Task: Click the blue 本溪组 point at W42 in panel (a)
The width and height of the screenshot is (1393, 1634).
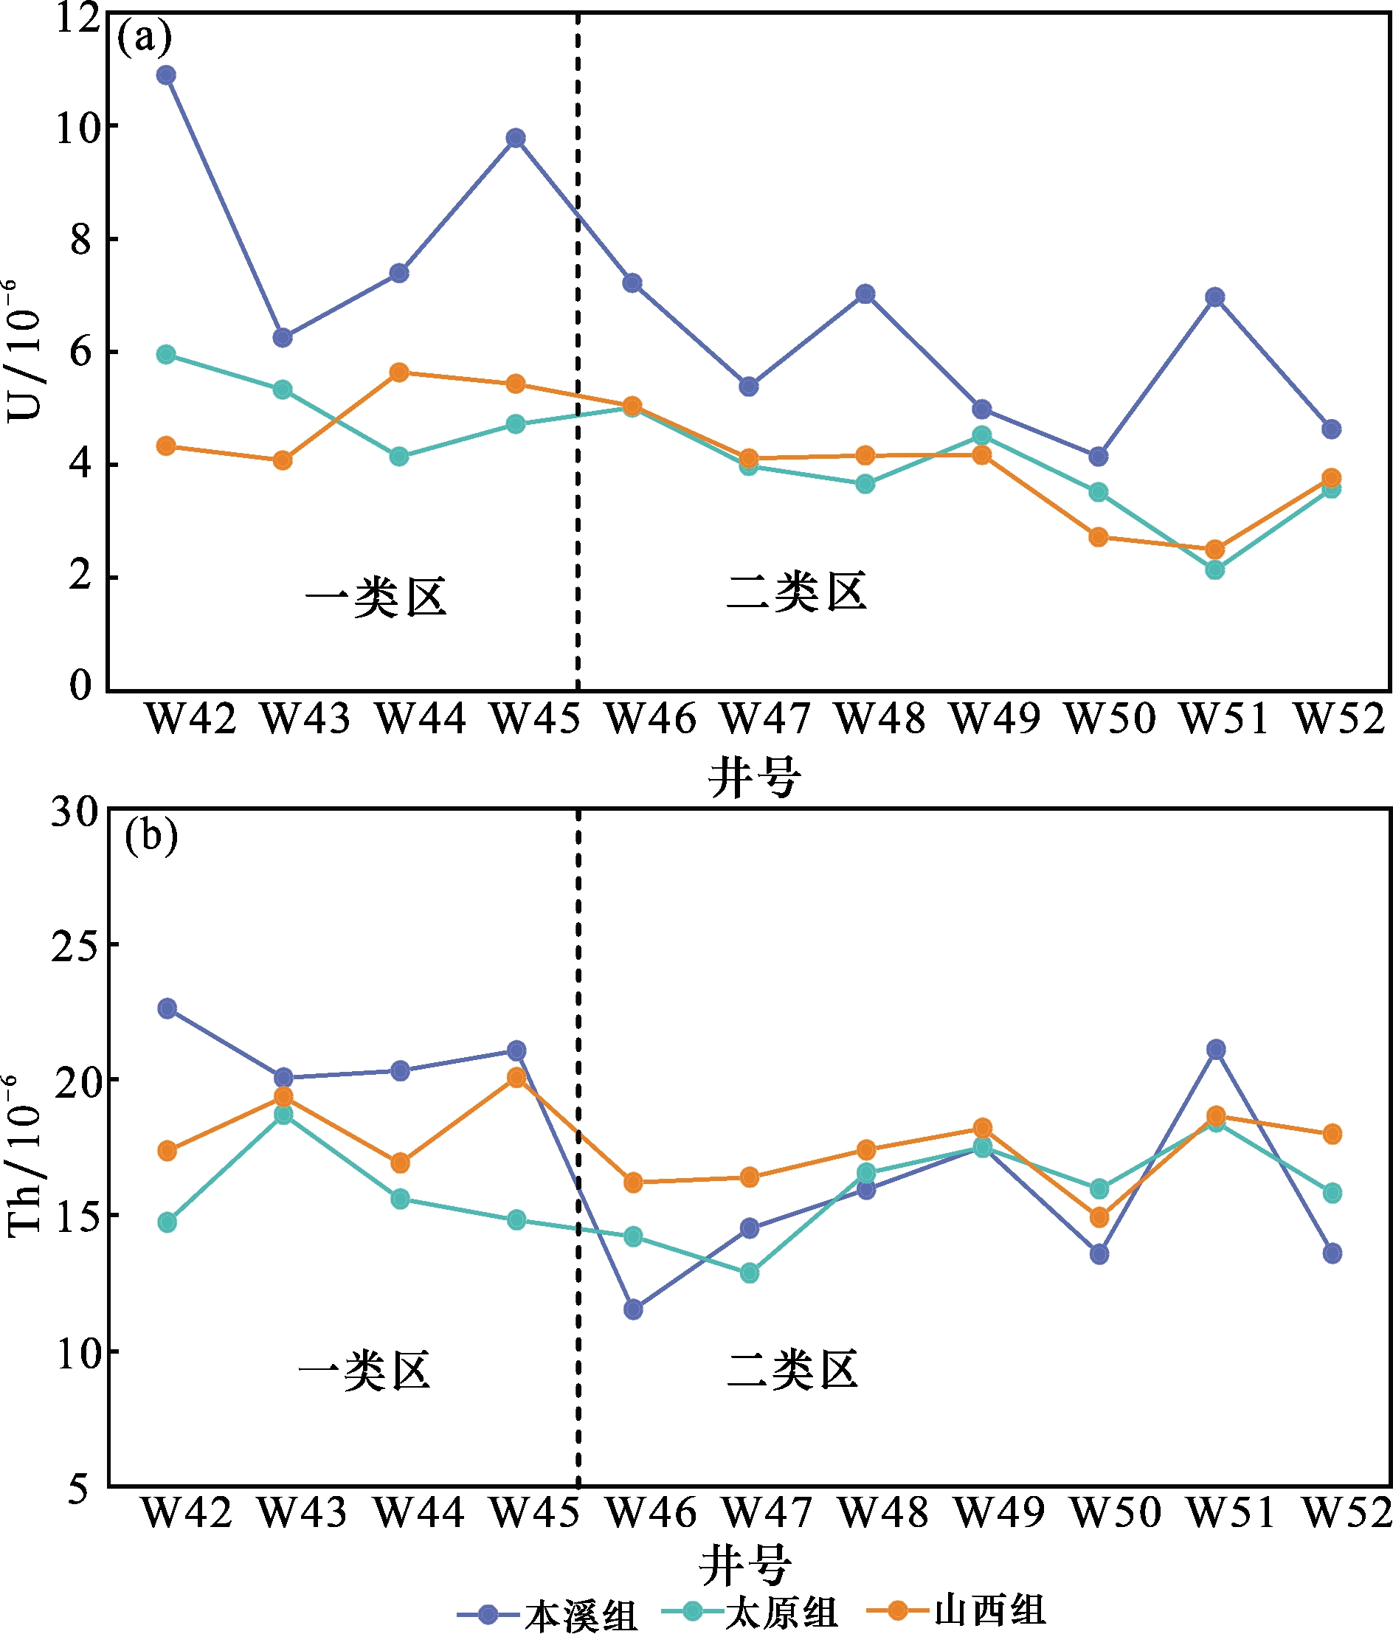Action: pos(166,76)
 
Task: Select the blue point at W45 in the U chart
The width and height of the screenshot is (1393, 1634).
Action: pos(516,139)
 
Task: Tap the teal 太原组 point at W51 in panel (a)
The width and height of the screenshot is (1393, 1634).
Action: pos(1214,570)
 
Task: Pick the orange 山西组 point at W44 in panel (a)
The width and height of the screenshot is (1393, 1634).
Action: pos(399,373)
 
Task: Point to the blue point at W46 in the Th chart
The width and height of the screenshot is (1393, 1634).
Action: pos(632,1310)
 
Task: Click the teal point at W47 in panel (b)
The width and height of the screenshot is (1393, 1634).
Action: pos(750,1273)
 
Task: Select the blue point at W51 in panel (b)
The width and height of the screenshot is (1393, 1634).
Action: pos(1215,1050)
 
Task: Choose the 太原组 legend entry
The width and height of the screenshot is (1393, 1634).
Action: pos(781,1612)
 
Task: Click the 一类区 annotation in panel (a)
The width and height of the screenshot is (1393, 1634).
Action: pos(376,597)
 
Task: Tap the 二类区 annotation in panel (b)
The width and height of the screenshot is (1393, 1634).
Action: pos(792,1370)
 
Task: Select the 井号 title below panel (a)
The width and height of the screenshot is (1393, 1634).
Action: pos(754,777)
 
